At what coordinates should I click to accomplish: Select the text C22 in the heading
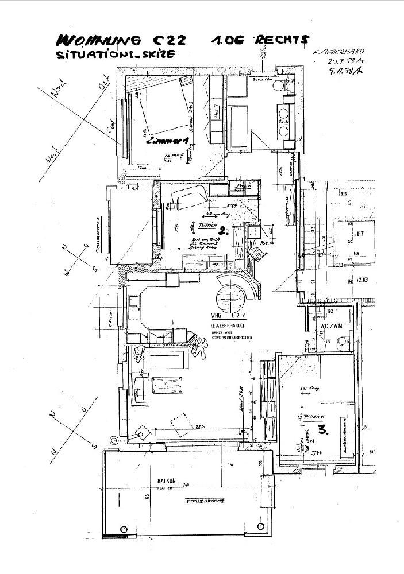(171, 40)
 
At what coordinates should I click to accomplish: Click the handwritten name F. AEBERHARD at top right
(338, 52)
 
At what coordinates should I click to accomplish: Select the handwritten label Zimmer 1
(167, 141)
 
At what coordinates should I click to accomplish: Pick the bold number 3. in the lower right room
(322, 429)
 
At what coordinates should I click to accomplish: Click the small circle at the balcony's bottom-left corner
(123, 528)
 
